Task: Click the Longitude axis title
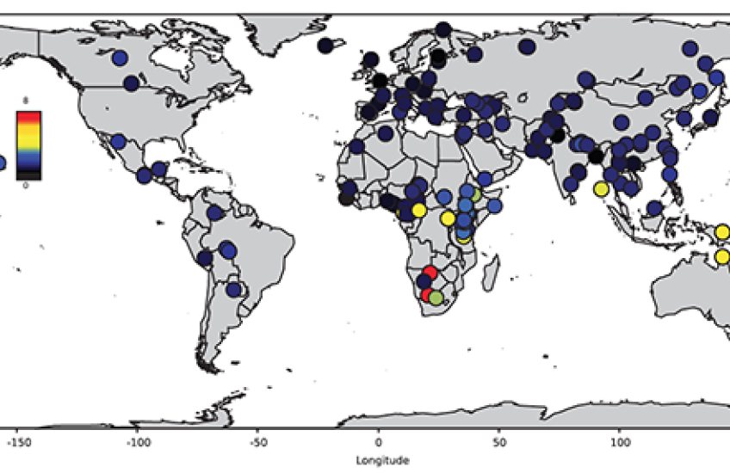click(x=380, y=460)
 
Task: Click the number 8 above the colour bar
click(x=26, y=101)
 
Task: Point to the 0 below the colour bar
click(x=26, y=185)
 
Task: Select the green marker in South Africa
click(x=436, y=298)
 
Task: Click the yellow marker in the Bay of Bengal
click(x=601, y=189)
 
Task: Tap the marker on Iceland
click(x=325, y=46)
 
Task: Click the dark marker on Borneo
click(x=655, y=208)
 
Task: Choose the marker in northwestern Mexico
click(x=118, y=141)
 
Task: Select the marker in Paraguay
click(x=232, y=290)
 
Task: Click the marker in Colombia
click(x=215, y=212)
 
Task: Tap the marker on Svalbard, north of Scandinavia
click(x=442, y=29)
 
